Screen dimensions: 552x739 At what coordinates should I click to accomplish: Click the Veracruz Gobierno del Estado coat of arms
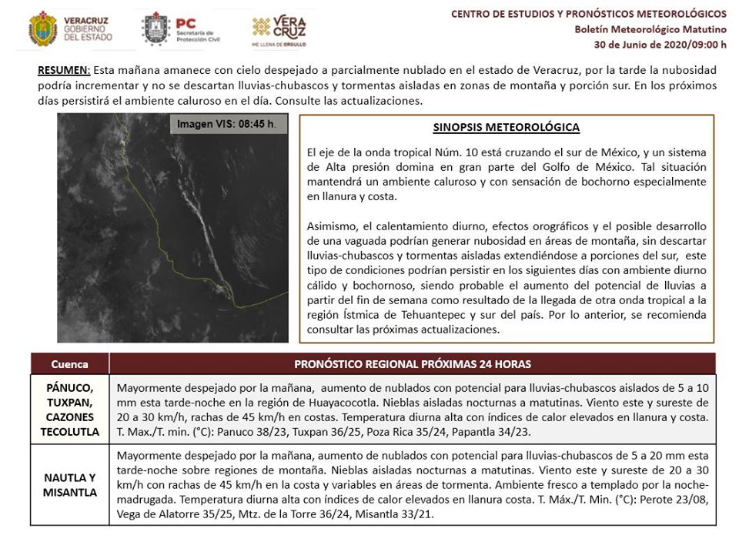point(42,28)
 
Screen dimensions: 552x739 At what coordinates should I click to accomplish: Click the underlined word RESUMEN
point(63,69)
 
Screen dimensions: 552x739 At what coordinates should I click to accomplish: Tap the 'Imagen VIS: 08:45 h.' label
point(226,124)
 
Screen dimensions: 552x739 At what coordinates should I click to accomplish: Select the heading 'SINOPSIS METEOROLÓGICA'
point(507,128)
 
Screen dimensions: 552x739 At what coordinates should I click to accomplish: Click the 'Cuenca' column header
point(69,364)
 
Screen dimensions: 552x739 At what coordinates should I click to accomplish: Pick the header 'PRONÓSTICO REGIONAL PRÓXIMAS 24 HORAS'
point(413,364)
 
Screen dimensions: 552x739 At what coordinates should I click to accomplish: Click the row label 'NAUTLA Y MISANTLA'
point(70,485)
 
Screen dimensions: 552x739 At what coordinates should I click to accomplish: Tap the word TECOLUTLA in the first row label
point(70,432)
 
